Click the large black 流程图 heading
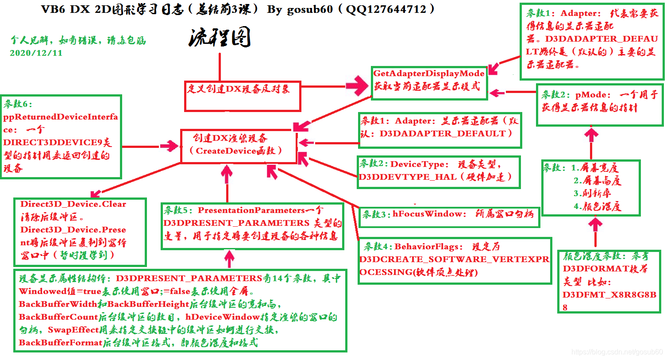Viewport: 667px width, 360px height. click(x=220, y=37)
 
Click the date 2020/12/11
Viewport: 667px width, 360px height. click(x=36, y=53)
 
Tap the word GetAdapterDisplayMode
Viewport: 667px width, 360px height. click(x=429, y=74)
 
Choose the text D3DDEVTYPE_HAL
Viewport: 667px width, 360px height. click(x=408, y=177)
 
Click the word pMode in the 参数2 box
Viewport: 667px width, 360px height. click(x=590, y=95)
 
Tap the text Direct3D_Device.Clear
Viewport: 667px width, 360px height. click(x=73, y=204)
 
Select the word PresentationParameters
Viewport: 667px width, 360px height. click(x=251, y=210)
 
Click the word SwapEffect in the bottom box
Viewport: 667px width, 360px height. click(x=73, y=330)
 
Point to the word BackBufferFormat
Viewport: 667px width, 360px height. click(x=61, y=343)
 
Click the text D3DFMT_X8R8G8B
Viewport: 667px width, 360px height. click(x=609, y=294)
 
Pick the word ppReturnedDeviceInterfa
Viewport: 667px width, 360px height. click(x=61, y=117)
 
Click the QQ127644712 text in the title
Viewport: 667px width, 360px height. click(x=386, y=9)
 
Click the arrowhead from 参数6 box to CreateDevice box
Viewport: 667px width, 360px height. click(x=170, y=146)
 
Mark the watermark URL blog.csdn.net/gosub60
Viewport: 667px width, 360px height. click(x=617, y=352)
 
